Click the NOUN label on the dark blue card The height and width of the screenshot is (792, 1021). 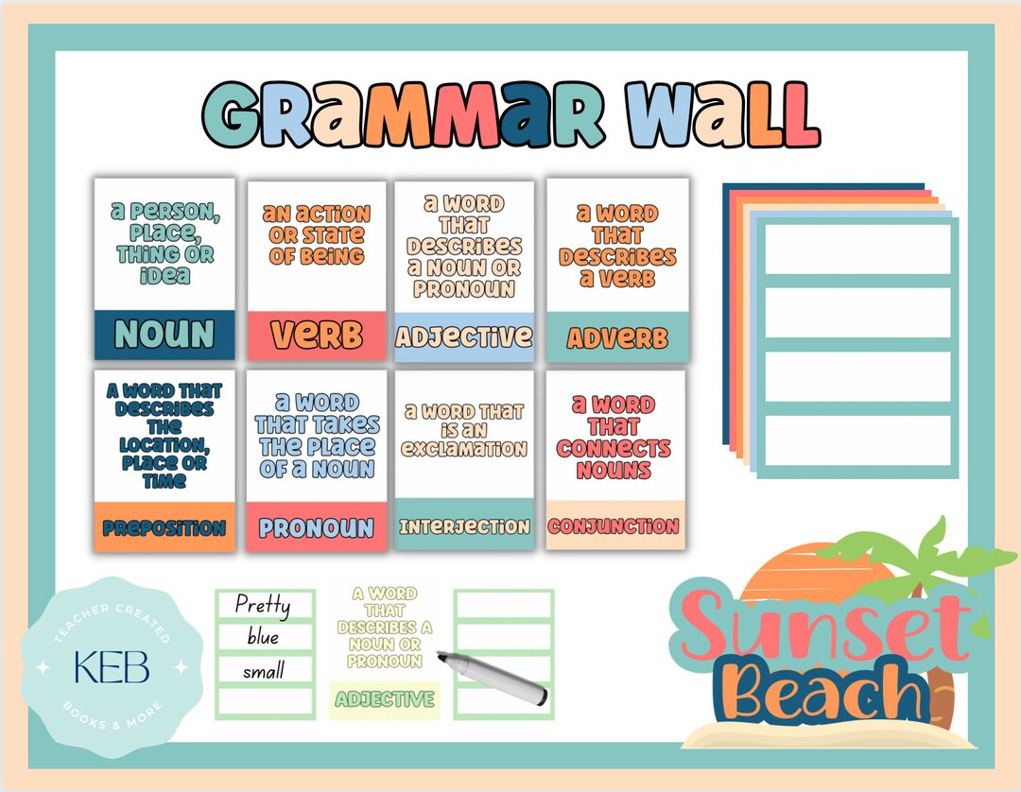point(164,335)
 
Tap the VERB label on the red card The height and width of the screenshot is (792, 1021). point(317,335)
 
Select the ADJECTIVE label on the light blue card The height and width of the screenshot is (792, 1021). point(463,336)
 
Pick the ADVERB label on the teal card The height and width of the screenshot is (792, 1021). point(617,337)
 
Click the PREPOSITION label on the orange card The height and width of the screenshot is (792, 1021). point(164,528)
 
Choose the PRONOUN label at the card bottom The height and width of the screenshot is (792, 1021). point(317,528)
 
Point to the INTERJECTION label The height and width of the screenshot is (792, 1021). point(463,526)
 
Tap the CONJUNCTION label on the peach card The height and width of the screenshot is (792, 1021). point(614,526)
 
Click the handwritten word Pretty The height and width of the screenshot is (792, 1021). point(262,605)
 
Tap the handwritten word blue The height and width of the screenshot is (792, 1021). point(263,638)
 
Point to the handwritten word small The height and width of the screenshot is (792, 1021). point(263,672)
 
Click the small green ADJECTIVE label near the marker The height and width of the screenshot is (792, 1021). point(385,699)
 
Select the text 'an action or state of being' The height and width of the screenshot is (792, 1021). point(317,234)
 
